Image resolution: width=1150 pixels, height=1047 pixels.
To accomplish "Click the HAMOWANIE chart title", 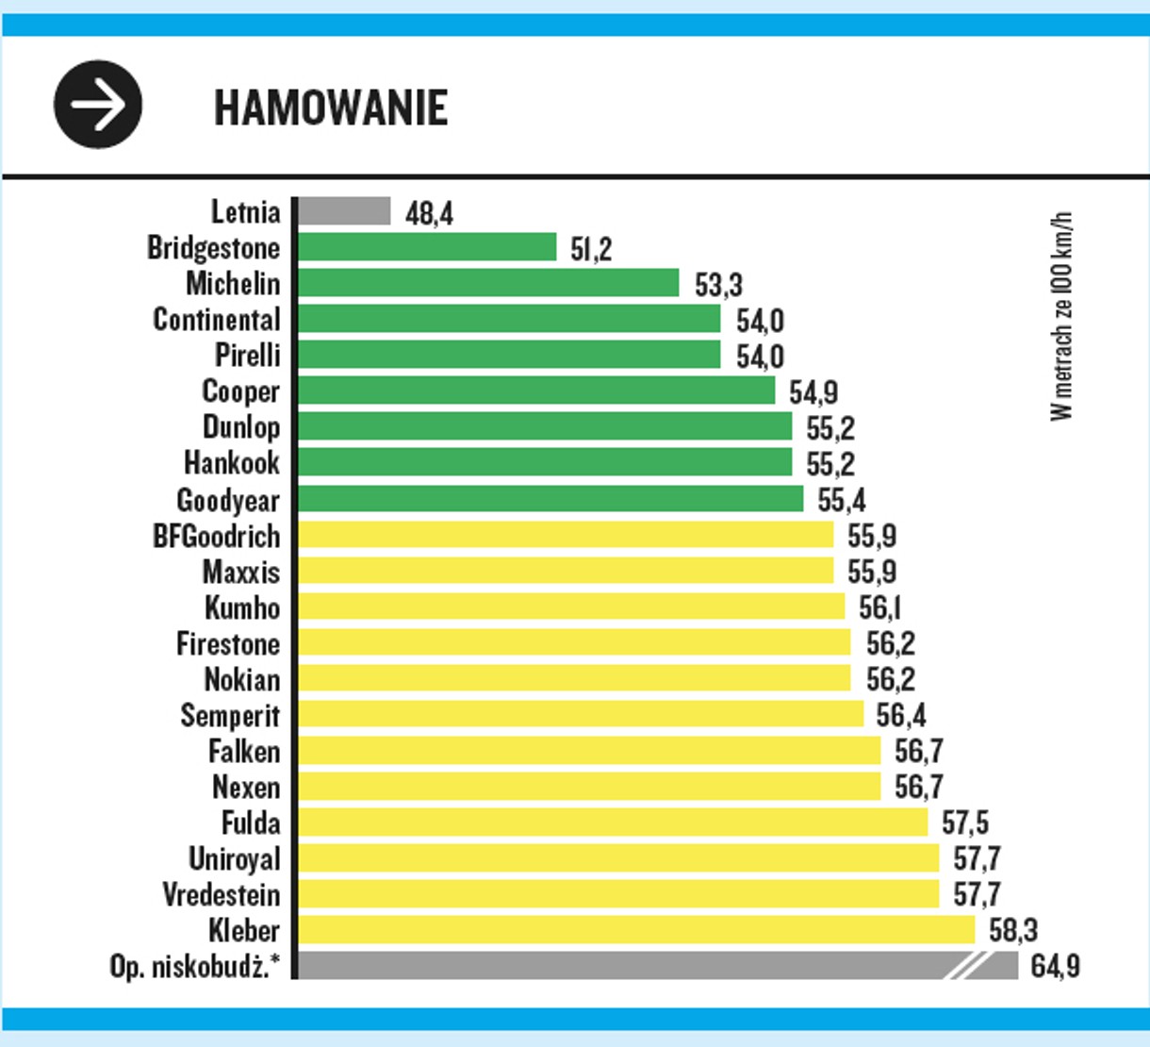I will tap(331, 108).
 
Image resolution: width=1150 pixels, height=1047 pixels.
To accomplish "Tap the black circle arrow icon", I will tap(98, 104).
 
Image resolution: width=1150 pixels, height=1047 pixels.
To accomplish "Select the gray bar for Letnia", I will tap(343, 211).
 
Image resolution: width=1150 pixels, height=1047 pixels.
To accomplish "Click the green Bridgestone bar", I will tap(426, 247).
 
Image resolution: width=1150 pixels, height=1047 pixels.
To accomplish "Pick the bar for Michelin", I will tap(487, 283).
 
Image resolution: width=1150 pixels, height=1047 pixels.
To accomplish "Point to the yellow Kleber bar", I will tap(635, 930).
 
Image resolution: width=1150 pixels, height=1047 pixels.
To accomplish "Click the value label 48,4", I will tap(429, 213).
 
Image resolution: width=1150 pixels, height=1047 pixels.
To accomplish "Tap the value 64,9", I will tap(1055, 967).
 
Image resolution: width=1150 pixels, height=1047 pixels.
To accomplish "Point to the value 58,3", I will tap(1013, 931).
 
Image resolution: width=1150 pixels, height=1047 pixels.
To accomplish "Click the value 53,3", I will tap(718, 285).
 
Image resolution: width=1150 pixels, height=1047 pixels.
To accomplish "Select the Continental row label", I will tap(217, 320).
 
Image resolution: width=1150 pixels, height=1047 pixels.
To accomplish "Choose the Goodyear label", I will tap(228, 500).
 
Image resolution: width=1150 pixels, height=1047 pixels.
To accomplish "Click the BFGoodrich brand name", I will tap(217, 537).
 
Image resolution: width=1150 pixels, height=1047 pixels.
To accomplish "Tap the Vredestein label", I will tap(222, 894).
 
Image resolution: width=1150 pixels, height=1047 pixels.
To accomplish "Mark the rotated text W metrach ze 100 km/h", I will tap(1061, 316).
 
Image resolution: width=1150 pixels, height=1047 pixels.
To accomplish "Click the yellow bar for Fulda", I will tap(612, 823).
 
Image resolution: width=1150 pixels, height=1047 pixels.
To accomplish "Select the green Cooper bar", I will tap(535, 391).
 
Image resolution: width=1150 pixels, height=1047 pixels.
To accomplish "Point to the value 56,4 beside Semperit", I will tap(901, 716).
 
